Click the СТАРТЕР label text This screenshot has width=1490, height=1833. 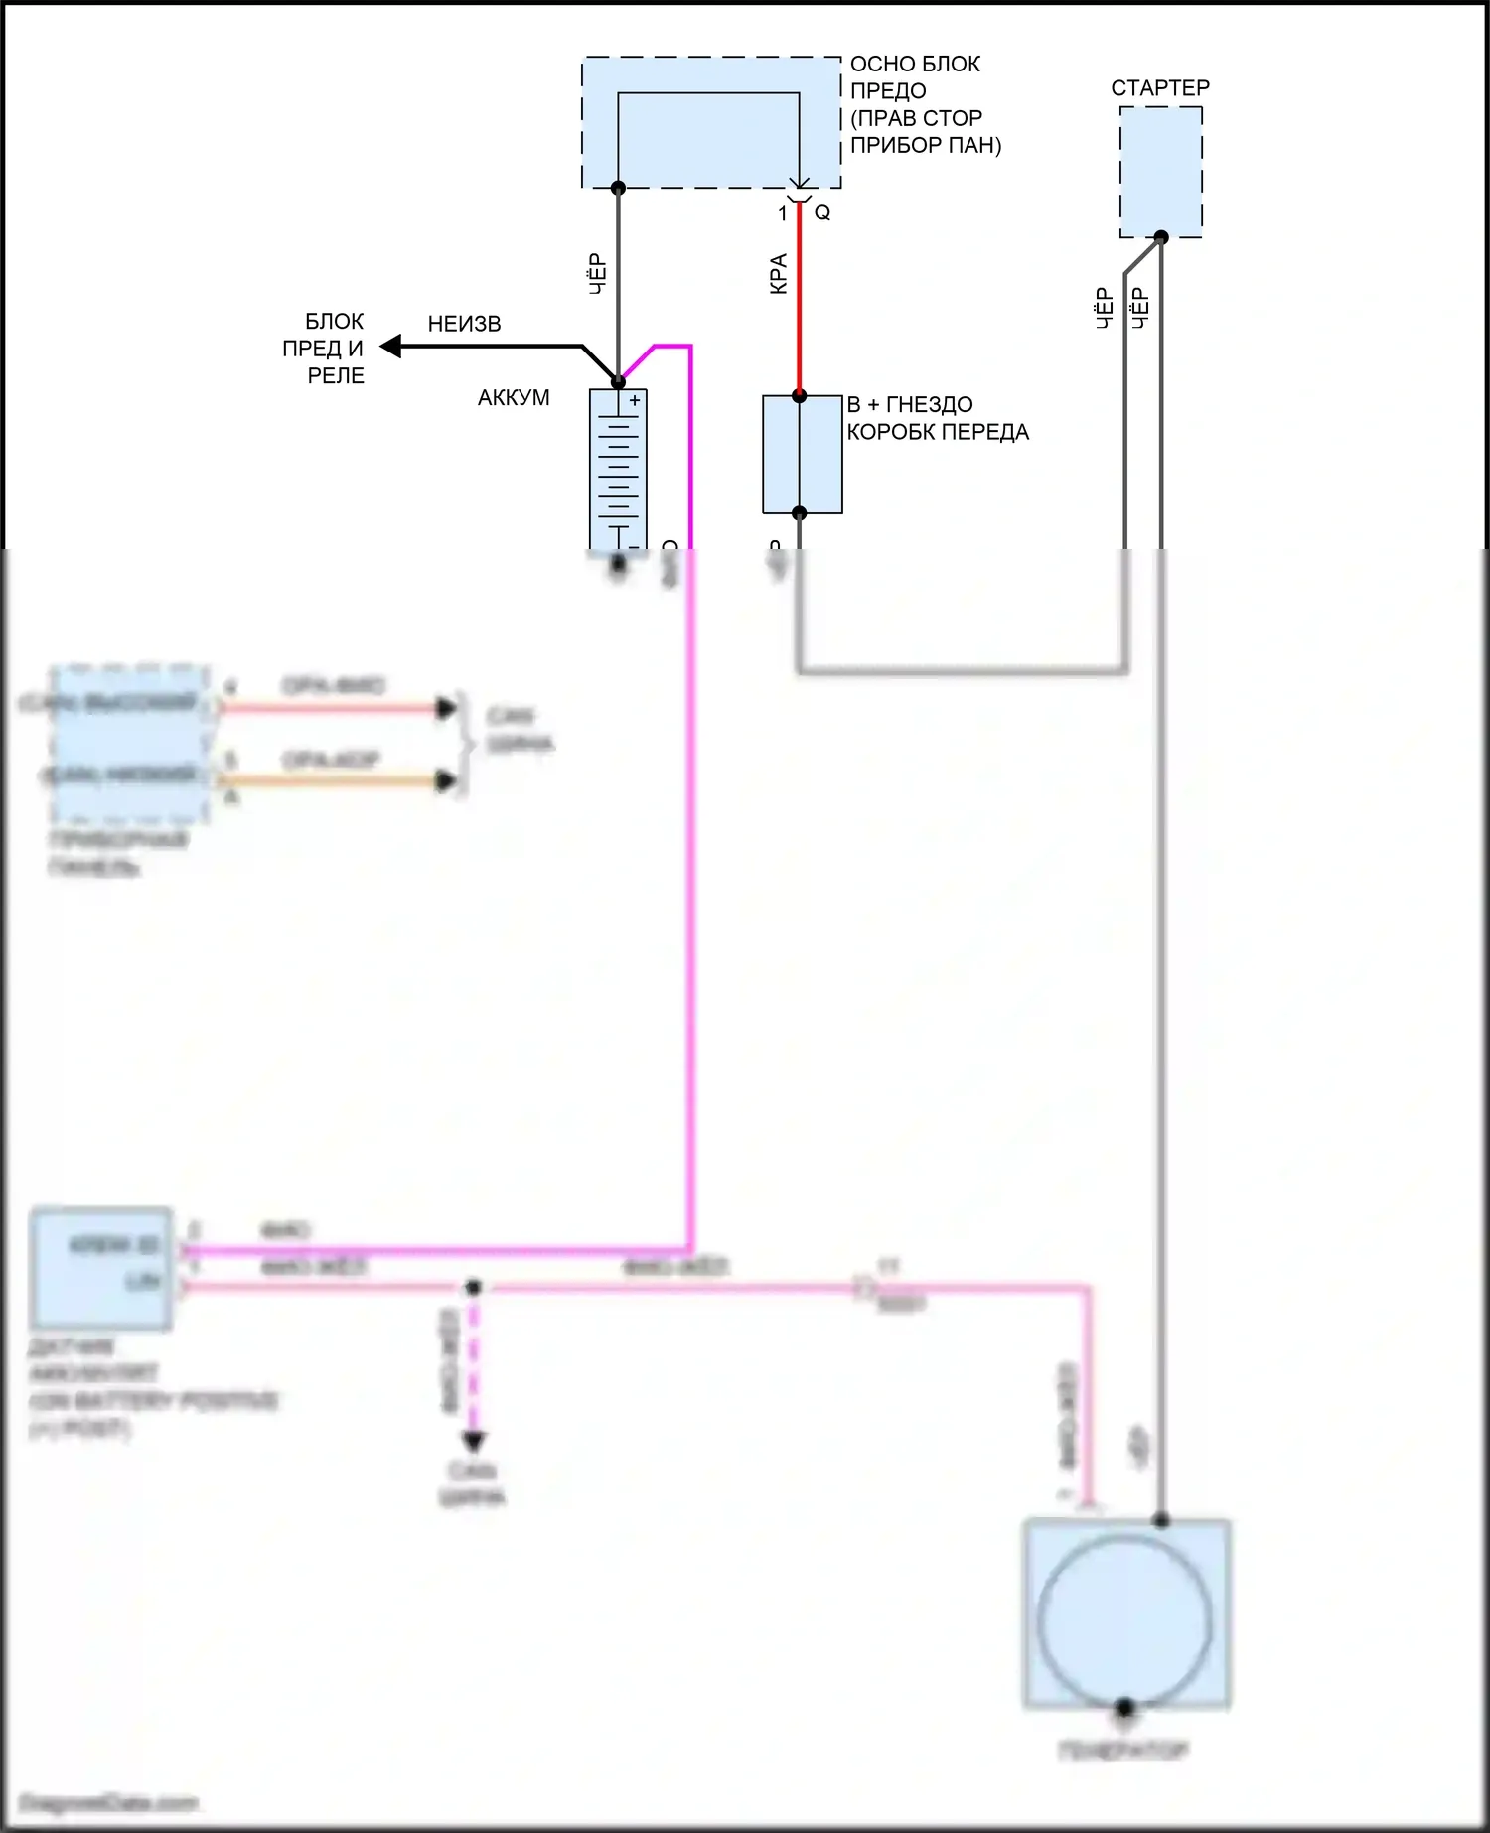(x=1159, y=88)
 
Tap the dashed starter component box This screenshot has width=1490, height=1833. (x=1160, y=172)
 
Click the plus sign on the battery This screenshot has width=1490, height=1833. (x=635, y=401)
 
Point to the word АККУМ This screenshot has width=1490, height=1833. (x=513, y=398)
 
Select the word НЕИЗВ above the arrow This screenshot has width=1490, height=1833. (x=464, y=325)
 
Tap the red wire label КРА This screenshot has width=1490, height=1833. (x=779, y=273)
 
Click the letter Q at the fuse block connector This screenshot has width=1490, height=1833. (x=822, y=212)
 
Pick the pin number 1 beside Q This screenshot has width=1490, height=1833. (x=783, y=212)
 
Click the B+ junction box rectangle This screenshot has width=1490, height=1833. (x=802, y=455)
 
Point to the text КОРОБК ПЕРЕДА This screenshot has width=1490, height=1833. (x=937, y=433)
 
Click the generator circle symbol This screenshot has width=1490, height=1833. (x=1124, y=1621)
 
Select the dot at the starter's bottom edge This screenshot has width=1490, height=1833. (x=1160, y=237)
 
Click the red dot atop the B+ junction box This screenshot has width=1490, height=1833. (x=799, y=396)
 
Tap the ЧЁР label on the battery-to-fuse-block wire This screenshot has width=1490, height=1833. (x=597, y=273)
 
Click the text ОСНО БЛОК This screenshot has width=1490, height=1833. (x=915, y=65)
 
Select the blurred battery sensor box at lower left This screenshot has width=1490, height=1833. (x=100, y=1268)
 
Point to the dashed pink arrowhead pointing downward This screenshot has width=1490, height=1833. (x=473, y=1441)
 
